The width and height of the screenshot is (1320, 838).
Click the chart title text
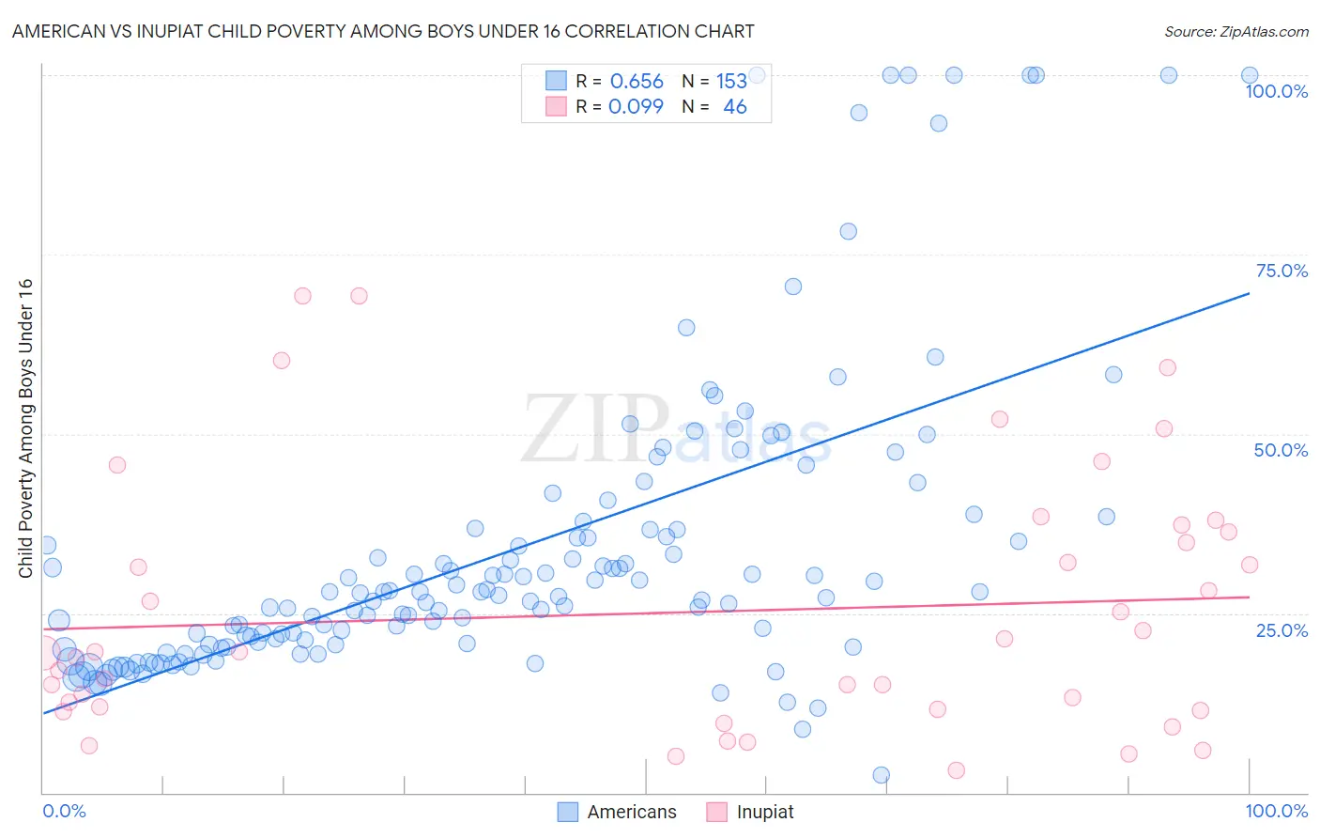383,32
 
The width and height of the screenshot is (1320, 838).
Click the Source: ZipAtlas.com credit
1236,32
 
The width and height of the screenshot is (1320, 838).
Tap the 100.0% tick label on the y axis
1276,91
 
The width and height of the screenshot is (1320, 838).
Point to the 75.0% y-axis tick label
1282,271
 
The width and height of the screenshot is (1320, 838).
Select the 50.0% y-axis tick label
1281,450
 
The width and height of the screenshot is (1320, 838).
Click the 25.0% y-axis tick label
1282,629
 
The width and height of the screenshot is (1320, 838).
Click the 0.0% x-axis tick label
64,811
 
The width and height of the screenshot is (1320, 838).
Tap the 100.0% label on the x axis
1276,811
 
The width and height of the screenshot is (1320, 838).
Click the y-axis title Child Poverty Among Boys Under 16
26,428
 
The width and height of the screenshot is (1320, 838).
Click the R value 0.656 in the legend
637,82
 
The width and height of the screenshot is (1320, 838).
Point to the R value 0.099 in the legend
636,107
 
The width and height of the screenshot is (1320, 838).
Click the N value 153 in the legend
731,82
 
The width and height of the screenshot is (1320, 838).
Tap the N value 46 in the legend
734,107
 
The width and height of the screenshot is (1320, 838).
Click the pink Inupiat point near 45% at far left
117,464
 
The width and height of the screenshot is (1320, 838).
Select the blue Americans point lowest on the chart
881,775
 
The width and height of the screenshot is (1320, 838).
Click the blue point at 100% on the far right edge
1250,75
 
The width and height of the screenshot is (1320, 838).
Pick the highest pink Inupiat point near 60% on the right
1167,367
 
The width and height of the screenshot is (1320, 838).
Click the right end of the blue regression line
1249,294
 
